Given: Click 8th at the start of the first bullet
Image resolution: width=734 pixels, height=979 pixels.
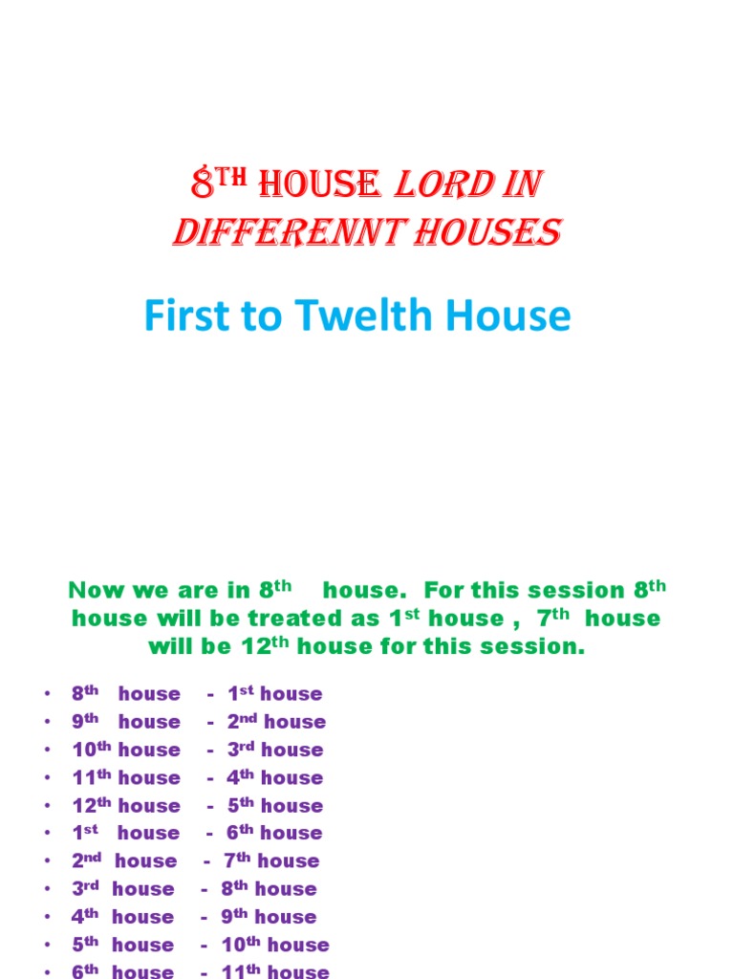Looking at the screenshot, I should (85, 693).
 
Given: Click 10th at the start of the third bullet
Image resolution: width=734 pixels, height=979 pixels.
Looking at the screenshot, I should (91, 750).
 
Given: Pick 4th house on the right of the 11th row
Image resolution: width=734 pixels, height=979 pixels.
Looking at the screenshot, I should (274, 777).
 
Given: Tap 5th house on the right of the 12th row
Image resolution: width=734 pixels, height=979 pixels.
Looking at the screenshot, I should (274, 805).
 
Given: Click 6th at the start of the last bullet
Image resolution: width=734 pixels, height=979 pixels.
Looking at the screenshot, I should (85, 971).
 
